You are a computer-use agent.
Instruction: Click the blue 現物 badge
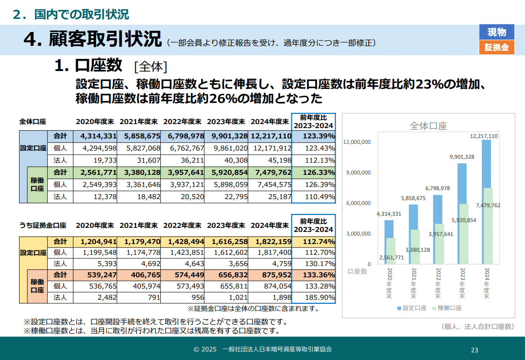tap(497, 32)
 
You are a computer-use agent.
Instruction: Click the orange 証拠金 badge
tap(497, 47)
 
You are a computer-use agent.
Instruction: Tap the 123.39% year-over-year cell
tap(313, 136)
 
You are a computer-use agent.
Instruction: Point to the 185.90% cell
tap(313, 298)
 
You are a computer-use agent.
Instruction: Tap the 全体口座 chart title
tap(428, 126)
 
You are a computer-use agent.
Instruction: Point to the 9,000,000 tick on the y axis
tap(357, 173)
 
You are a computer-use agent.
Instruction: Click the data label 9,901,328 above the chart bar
tap(460, 156)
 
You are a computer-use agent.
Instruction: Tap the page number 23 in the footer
tap(475, 350)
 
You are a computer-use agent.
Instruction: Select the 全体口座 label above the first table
tap(33, 121)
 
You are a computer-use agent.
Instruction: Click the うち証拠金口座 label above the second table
tap(43, 225)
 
